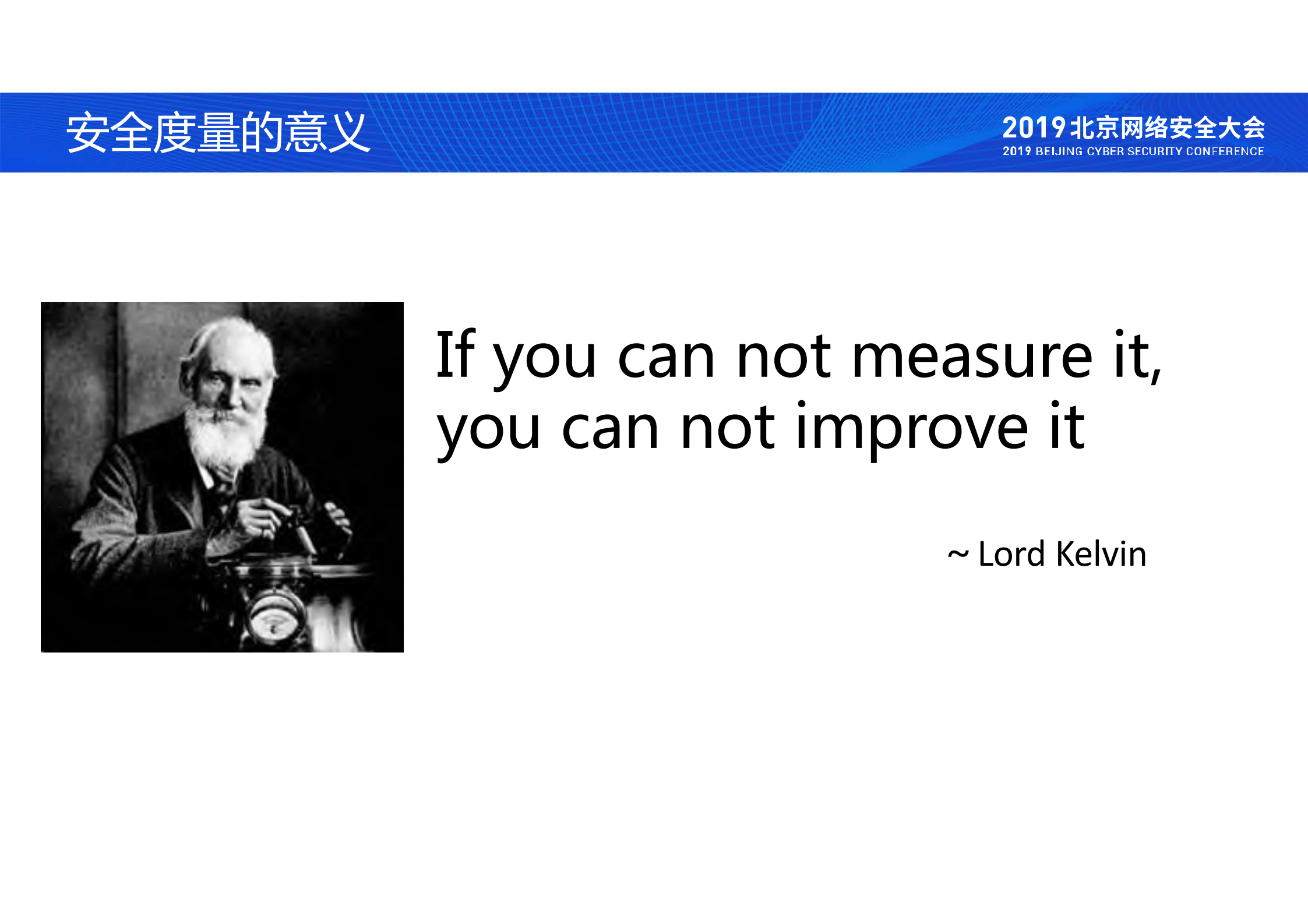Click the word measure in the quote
tap(972, 356)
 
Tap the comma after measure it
tap(1156, 376)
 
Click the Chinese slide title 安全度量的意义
tap(218, 133)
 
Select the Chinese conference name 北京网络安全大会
tap(1168, 128)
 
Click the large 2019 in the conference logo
tap(1034, 128)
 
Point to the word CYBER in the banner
tap(1105, 151)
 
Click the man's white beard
tap(224, 434)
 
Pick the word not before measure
tap(784, 356)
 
